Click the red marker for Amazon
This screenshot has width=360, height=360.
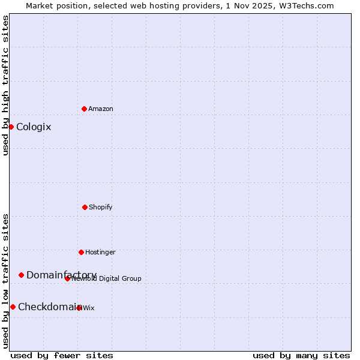84,109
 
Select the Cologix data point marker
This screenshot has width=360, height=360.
11,127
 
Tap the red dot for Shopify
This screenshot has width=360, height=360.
85,207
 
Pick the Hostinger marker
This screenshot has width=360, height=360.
81,252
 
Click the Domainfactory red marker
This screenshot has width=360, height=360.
21,275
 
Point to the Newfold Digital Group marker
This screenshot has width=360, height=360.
67,278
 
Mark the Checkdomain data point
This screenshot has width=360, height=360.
13,307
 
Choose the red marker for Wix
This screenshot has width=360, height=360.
79,308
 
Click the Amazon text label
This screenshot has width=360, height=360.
101,109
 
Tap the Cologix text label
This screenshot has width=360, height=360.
34,127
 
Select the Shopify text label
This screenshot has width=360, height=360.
101,207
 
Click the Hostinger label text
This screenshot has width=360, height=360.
100,252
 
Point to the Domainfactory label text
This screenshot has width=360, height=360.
61,275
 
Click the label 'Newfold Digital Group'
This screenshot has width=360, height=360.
107,278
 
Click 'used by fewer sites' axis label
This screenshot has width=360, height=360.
62,355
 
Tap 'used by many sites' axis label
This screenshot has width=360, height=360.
301,355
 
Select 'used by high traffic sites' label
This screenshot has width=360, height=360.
5,85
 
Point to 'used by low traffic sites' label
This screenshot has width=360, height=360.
5,281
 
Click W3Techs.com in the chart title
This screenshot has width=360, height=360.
305,5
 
